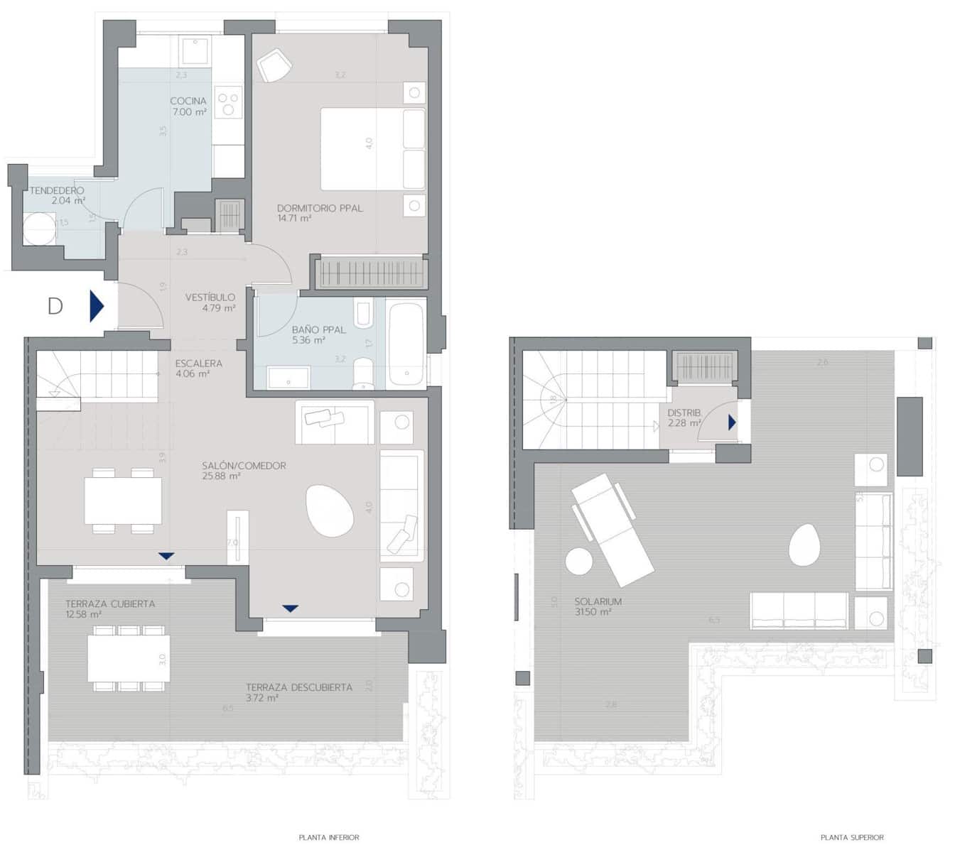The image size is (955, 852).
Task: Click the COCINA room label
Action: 188,101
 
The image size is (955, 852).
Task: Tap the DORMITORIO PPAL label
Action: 320,208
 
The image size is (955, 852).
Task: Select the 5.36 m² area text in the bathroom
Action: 308,340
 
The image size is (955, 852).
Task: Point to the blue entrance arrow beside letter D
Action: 97,306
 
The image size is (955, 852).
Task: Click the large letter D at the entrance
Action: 55,306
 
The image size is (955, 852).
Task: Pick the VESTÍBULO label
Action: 210,297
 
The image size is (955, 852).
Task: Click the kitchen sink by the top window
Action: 194,50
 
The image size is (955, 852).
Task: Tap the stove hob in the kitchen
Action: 228,104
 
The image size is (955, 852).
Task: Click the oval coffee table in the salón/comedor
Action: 329,510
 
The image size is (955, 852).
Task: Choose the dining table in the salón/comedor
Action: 123,501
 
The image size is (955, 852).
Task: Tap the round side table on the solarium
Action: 579,562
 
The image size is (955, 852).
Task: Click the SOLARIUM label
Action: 598,601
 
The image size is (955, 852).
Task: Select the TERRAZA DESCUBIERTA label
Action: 299,687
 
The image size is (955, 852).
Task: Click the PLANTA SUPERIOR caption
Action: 852,838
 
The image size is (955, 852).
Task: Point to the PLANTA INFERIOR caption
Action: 329,838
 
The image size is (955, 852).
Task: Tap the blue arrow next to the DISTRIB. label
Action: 732,422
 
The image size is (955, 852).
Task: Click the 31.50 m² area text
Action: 593,611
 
